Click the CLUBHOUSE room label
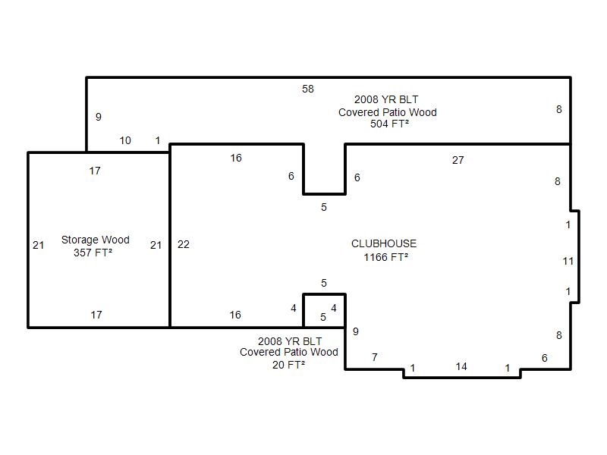point(384,243)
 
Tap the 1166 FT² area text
point(385,257)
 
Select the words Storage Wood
point(96,240)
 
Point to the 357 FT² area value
point(93,253)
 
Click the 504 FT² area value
point(389,124)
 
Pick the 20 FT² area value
point(288,365)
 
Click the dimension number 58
point(308,89)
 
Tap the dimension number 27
point(458,160)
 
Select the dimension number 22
point(184,244)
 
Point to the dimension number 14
point(461,367)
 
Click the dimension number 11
point(568,262)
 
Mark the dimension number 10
point(125,141)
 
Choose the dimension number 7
point(375,357)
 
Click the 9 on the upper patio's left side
point(99,117)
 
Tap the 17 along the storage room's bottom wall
point(96,315)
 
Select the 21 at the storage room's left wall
point(39,245)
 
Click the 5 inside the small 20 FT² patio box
point(323,317)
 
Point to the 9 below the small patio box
point(356,331)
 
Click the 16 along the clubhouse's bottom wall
point(235,315)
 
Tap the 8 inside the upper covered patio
point(559,109)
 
